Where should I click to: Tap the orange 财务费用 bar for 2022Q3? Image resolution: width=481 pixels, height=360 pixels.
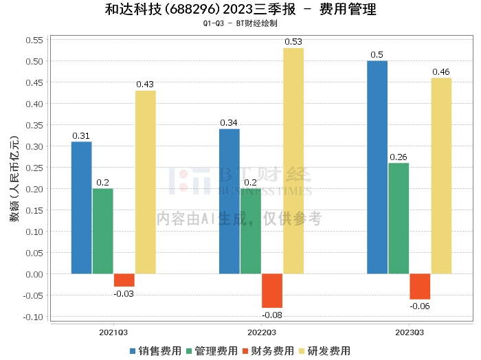click(272, 291)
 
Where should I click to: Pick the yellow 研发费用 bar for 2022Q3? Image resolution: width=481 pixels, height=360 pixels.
click(293, 161)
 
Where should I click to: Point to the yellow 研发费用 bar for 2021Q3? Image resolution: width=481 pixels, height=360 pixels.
click(146, 182)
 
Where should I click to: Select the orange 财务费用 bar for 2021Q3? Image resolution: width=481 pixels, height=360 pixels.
click(124, 280)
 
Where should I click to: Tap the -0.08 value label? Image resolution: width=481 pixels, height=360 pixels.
click(272, 315)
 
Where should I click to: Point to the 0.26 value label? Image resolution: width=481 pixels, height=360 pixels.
click(399, 157)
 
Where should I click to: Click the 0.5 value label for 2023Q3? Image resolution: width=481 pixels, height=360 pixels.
click(377, 55)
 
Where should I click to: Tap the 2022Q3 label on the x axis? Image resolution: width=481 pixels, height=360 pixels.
click(262, 332)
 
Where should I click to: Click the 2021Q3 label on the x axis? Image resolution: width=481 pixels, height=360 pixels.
click(114, 332)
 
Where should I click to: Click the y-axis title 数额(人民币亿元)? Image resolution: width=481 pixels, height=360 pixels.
click(14, 179)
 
